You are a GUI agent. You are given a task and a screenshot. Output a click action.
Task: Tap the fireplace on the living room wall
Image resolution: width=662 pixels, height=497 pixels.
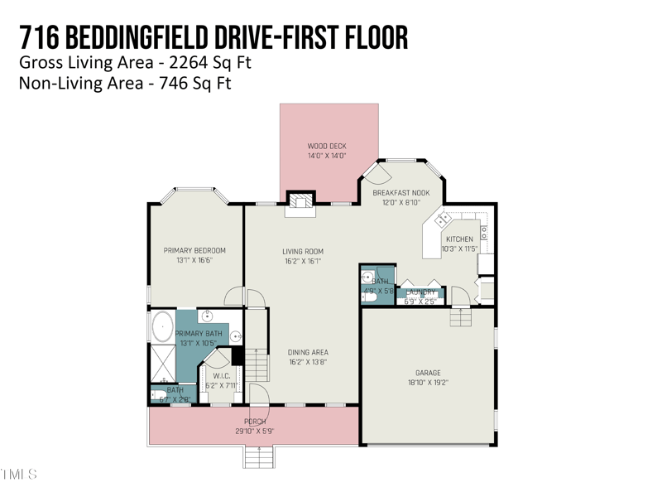tap(300, 203)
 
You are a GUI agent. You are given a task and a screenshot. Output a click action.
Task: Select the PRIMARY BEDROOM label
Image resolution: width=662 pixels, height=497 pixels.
tap(194, 250)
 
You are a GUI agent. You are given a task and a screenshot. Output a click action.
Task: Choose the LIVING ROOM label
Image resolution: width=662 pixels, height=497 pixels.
tap(302, 251)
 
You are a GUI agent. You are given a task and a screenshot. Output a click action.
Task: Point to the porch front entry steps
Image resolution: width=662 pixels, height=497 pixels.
tap(258, 456)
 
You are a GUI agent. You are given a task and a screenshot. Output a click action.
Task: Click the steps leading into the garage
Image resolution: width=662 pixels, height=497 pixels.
tap(458, 316)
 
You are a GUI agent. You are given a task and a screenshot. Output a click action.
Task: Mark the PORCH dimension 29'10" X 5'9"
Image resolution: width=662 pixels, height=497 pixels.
tap(254, 431)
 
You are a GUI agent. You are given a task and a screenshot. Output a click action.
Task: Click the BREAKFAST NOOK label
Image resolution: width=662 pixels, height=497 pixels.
tap(401, 192)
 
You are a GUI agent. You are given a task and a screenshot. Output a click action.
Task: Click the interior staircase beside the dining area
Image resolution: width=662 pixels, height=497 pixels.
tap(258, 363)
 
